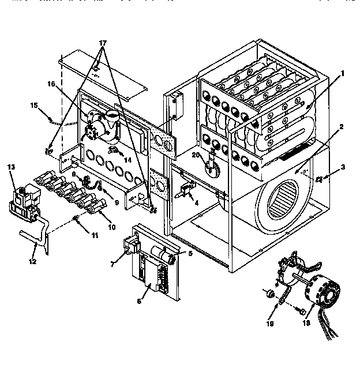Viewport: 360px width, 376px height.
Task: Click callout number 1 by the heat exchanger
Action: pos(342,73)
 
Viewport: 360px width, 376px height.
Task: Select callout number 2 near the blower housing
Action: pos(342,126)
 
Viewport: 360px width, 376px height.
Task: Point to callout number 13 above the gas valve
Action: pos(11,167)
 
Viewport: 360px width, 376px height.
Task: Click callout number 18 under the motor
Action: pos(305,324)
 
